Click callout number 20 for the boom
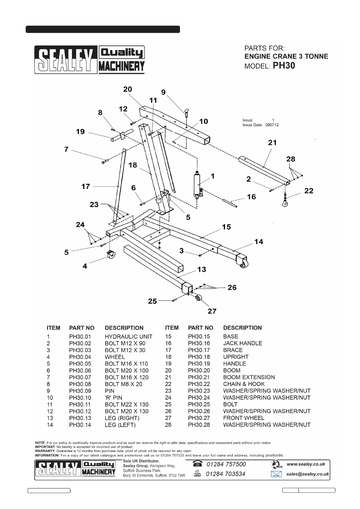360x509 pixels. (128, 89)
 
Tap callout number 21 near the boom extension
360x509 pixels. (272, 143)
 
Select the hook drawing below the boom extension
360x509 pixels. (285, 204)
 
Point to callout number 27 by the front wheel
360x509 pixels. (212, 311)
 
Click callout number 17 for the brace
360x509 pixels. (86, 186)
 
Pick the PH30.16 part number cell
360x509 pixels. (199, 343)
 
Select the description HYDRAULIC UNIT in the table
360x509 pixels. (129, 337)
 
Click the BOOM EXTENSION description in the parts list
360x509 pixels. (249, 377)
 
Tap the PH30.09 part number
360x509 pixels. (80, 391)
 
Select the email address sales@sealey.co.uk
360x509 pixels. (308, 474)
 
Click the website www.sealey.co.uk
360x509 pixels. (306, 464)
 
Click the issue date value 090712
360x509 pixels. (272, 125)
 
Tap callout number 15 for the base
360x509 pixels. (226, 227)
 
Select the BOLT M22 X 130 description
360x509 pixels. (126, 404)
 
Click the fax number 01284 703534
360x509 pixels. (226, 474)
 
